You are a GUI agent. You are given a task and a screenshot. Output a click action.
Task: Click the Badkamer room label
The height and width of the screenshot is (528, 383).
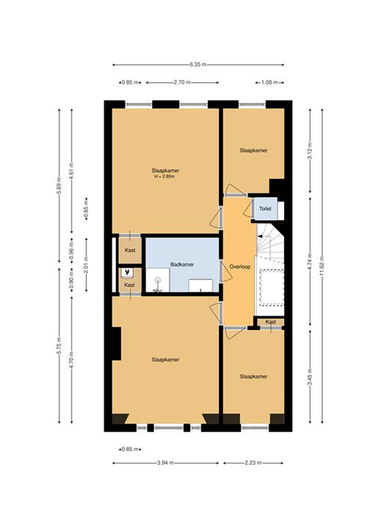182,265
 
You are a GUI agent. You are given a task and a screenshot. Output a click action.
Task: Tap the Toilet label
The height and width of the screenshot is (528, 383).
265,209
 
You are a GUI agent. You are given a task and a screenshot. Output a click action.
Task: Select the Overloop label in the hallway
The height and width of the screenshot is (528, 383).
239,267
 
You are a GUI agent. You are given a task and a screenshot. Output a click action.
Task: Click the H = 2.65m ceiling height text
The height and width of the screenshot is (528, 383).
164,177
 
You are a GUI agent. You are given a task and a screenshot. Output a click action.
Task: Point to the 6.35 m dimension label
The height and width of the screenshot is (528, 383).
198,65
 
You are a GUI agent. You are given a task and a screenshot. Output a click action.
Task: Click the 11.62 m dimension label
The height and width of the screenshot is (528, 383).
322,265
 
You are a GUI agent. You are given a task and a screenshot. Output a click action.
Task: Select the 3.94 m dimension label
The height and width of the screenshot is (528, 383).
166,463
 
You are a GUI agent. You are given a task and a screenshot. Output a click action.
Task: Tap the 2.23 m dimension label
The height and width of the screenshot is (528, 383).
253,463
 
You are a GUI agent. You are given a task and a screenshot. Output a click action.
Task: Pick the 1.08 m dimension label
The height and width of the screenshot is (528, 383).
269,82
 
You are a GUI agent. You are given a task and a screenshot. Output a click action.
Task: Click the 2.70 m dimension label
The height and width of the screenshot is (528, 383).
182,82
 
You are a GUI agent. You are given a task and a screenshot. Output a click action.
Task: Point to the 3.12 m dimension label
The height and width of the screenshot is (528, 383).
310,151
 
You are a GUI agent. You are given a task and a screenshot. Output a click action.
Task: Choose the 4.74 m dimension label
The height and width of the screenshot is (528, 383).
310,262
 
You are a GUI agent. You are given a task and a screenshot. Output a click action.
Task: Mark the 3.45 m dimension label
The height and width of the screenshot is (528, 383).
310,377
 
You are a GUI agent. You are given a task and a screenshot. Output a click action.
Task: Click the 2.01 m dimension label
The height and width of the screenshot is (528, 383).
86,265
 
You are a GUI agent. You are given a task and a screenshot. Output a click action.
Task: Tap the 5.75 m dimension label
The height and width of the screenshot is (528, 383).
59,345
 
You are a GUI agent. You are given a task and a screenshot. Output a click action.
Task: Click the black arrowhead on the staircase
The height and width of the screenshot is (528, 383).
259,237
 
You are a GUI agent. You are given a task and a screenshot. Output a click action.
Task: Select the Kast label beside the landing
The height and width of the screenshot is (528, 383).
271,322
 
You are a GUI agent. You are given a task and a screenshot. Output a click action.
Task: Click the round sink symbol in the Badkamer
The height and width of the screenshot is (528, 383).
157,279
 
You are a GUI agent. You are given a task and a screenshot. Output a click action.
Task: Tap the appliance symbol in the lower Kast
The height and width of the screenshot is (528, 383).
127,272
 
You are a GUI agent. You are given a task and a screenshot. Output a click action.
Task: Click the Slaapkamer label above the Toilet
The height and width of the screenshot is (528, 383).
253,150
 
